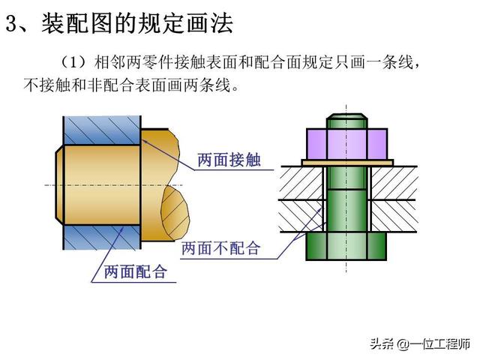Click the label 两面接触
pyautogui.click(x=229, y=159)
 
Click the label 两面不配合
pyautogui.click(x=220, y=248)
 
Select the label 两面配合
pyautogui.click(x=135, y=271)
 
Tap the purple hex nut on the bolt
pyautogui.click(x=347, y=142)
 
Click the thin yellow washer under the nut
pyautogui.click(x=347, y=162)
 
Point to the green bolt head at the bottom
pyautogui.click(x=346, y=247)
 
